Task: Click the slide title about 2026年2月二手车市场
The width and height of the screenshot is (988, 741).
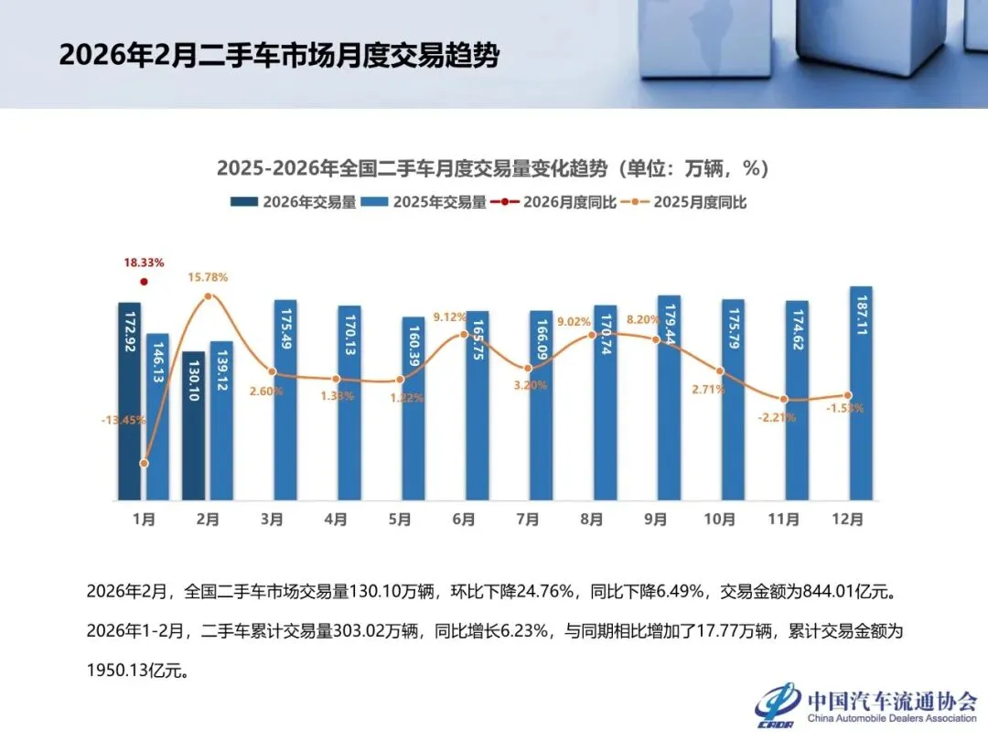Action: pos(279,56)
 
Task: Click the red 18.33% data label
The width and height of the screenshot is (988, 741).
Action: pos(144,263)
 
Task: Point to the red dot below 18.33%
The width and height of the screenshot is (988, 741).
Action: pos(144,282)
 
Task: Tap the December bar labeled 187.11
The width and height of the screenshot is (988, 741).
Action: pos(860,393)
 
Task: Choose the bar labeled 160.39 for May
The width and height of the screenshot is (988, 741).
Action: pos(413,409)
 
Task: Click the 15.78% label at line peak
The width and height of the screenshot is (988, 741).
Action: pos(209,277)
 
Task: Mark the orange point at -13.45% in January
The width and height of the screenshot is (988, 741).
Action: pos(144,464)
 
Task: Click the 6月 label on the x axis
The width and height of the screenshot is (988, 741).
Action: pos(464,520)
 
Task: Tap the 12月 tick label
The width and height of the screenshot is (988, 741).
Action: pos(848,520)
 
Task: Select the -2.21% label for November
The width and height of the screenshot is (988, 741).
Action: pos(778,417)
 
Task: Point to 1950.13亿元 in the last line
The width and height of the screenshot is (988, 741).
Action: pos(137,671)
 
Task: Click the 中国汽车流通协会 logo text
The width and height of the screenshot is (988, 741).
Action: pos(891,701)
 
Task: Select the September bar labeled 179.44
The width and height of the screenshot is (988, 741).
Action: pos(669,398)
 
